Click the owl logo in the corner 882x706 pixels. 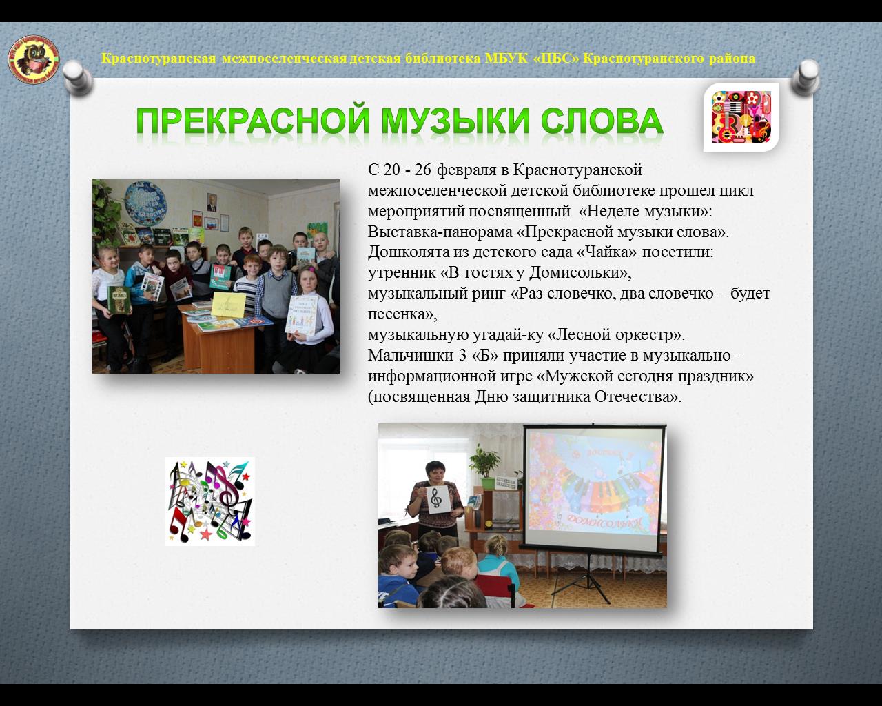coord(34,59)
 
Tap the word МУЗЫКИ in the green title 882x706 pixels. coord(455,121)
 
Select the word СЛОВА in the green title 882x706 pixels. coord(602,121)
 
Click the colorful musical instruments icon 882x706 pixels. coord(741,117)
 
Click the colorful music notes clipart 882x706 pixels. coord(210,501)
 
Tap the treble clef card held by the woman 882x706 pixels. coord(437,500)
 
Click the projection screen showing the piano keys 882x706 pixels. coord(594,487)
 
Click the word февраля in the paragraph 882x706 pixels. coord(466,170)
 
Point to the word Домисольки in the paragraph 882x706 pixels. coord(580,272)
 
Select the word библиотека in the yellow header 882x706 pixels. coord(442,59)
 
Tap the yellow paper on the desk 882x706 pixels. coord(228,305)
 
